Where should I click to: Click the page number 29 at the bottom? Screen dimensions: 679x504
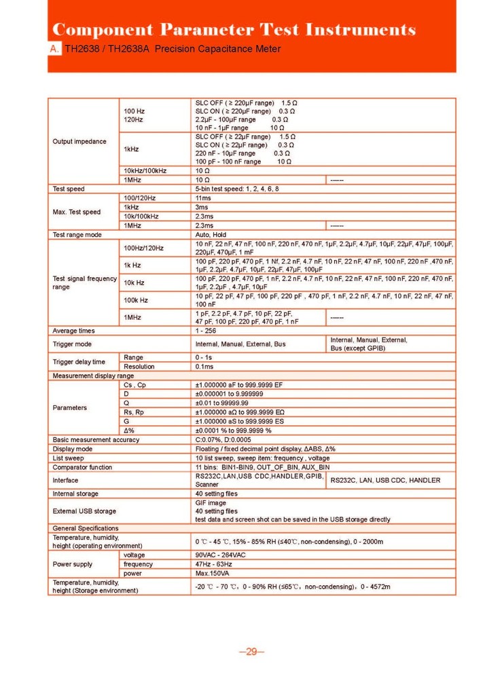251,653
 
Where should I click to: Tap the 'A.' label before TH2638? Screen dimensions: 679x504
55,50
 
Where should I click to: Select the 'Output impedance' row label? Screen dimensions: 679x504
79,141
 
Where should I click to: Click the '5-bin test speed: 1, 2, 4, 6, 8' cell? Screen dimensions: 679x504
237,188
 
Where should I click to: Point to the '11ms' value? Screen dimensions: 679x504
203,197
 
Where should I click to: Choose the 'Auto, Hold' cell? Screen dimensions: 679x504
211,234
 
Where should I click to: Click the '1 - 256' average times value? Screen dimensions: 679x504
206,331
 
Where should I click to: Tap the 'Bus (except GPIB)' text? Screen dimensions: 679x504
357,348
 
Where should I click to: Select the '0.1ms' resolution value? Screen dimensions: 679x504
204,366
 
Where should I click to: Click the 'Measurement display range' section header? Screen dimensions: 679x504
94,375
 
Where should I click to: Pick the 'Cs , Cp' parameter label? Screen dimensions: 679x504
134,385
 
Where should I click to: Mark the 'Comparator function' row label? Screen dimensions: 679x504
83,467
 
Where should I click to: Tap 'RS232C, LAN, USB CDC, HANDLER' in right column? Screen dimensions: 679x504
385,480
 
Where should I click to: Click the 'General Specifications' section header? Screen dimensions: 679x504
86,528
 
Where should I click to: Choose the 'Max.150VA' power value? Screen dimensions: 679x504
213,573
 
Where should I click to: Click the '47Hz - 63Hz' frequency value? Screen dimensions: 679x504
213,564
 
